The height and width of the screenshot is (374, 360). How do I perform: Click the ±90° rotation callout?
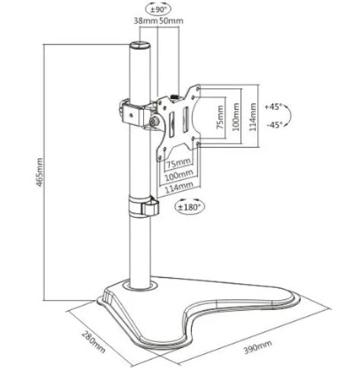(x=158, y=9)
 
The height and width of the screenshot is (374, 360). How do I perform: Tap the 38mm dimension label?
(x=146, y=21)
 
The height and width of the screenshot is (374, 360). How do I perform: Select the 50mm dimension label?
(x=171, y=21)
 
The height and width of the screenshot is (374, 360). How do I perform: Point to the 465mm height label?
(x=40, y=172)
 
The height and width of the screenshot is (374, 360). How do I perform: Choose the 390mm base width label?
(x=258, y=347)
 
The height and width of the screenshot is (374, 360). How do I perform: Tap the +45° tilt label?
(x=273, y=107)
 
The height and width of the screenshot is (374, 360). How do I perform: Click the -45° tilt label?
(x=275, y=125)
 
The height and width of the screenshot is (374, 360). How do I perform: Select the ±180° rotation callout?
(x=190, y=207)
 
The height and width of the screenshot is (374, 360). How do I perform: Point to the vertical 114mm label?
(x=253, y=117)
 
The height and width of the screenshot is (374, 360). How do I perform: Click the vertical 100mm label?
(x=236, y=117)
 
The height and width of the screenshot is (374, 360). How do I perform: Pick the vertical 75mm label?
(x=221, y=117)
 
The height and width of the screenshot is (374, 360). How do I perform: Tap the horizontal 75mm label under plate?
(x=178, y=163)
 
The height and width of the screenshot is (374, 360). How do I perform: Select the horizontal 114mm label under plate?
(x=179, y=187)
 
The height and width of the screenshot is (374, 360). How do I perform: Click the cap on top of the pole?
(x=140, y=46)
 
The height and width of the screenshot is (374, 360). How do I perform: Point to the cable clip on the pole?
(x=144, y=206)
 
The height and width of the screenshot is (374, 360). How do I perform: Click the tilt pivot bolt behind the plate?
(x=155, y=122)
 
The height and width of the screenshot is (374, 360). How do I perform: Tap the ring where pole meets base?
(x=140, y=286)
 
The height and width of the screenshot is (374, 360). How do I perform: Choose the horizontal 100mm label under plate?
(x=179, y=175)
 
